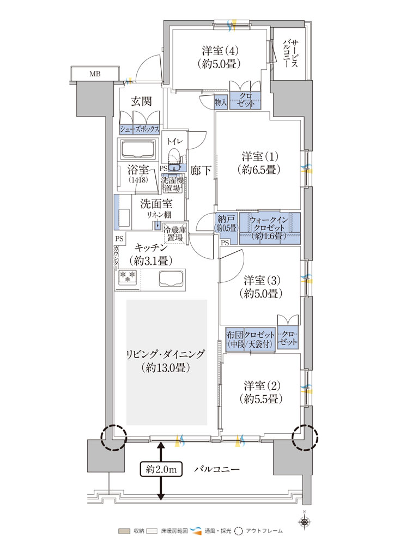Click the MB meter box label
[95, 74]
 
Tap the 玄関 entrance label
[141, 101]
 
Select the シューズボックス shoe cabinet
[140, 129]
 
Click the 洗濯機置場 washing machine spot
[172, 184]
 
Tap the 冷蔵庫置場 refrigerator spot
[175, 234]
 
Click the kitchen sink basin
[171, 278]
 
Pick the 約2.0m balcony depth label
[161, 470]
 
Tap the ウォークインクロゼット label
[269, 228]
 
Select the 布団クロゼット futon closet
[250, 339]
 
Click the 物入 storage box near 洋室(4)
[221, 102]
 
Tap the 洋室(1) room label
[260, 162]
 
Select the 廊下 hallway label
[201, 170]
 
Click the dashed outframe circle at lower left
[113, 437]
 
